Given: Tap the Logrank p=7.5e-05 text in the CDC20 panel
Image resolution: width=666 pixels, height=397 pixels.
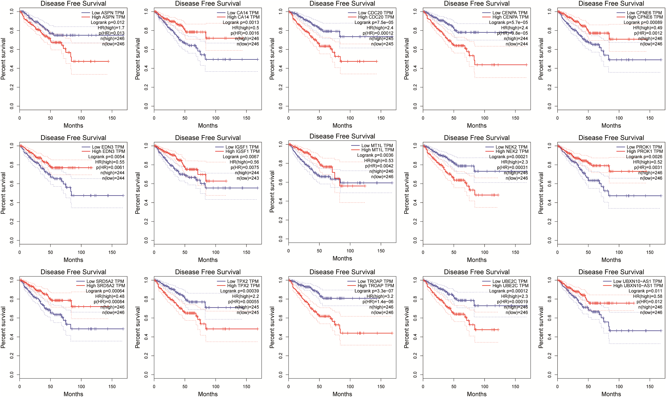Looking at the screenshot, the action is coord(374,23).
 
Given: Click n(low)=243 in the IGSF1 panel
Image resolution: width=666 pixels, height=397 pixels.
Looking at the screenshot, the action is coord(248,178).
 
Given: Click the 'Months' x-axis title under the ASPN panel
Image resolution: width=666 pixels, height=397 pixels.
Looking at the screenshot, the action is coord(73,126).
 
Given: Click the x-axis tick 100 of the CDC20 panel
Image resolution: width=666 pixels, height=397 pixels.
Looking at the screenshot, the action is coord(350,118).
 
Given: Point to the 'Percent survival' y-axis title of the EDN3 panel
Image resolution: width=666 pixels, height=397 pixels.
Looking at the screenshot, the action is coord(3,193).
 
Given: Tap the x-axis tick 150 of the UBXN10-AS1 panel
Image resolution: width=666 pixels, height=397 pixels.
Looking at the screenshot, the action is coord(650,387).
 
